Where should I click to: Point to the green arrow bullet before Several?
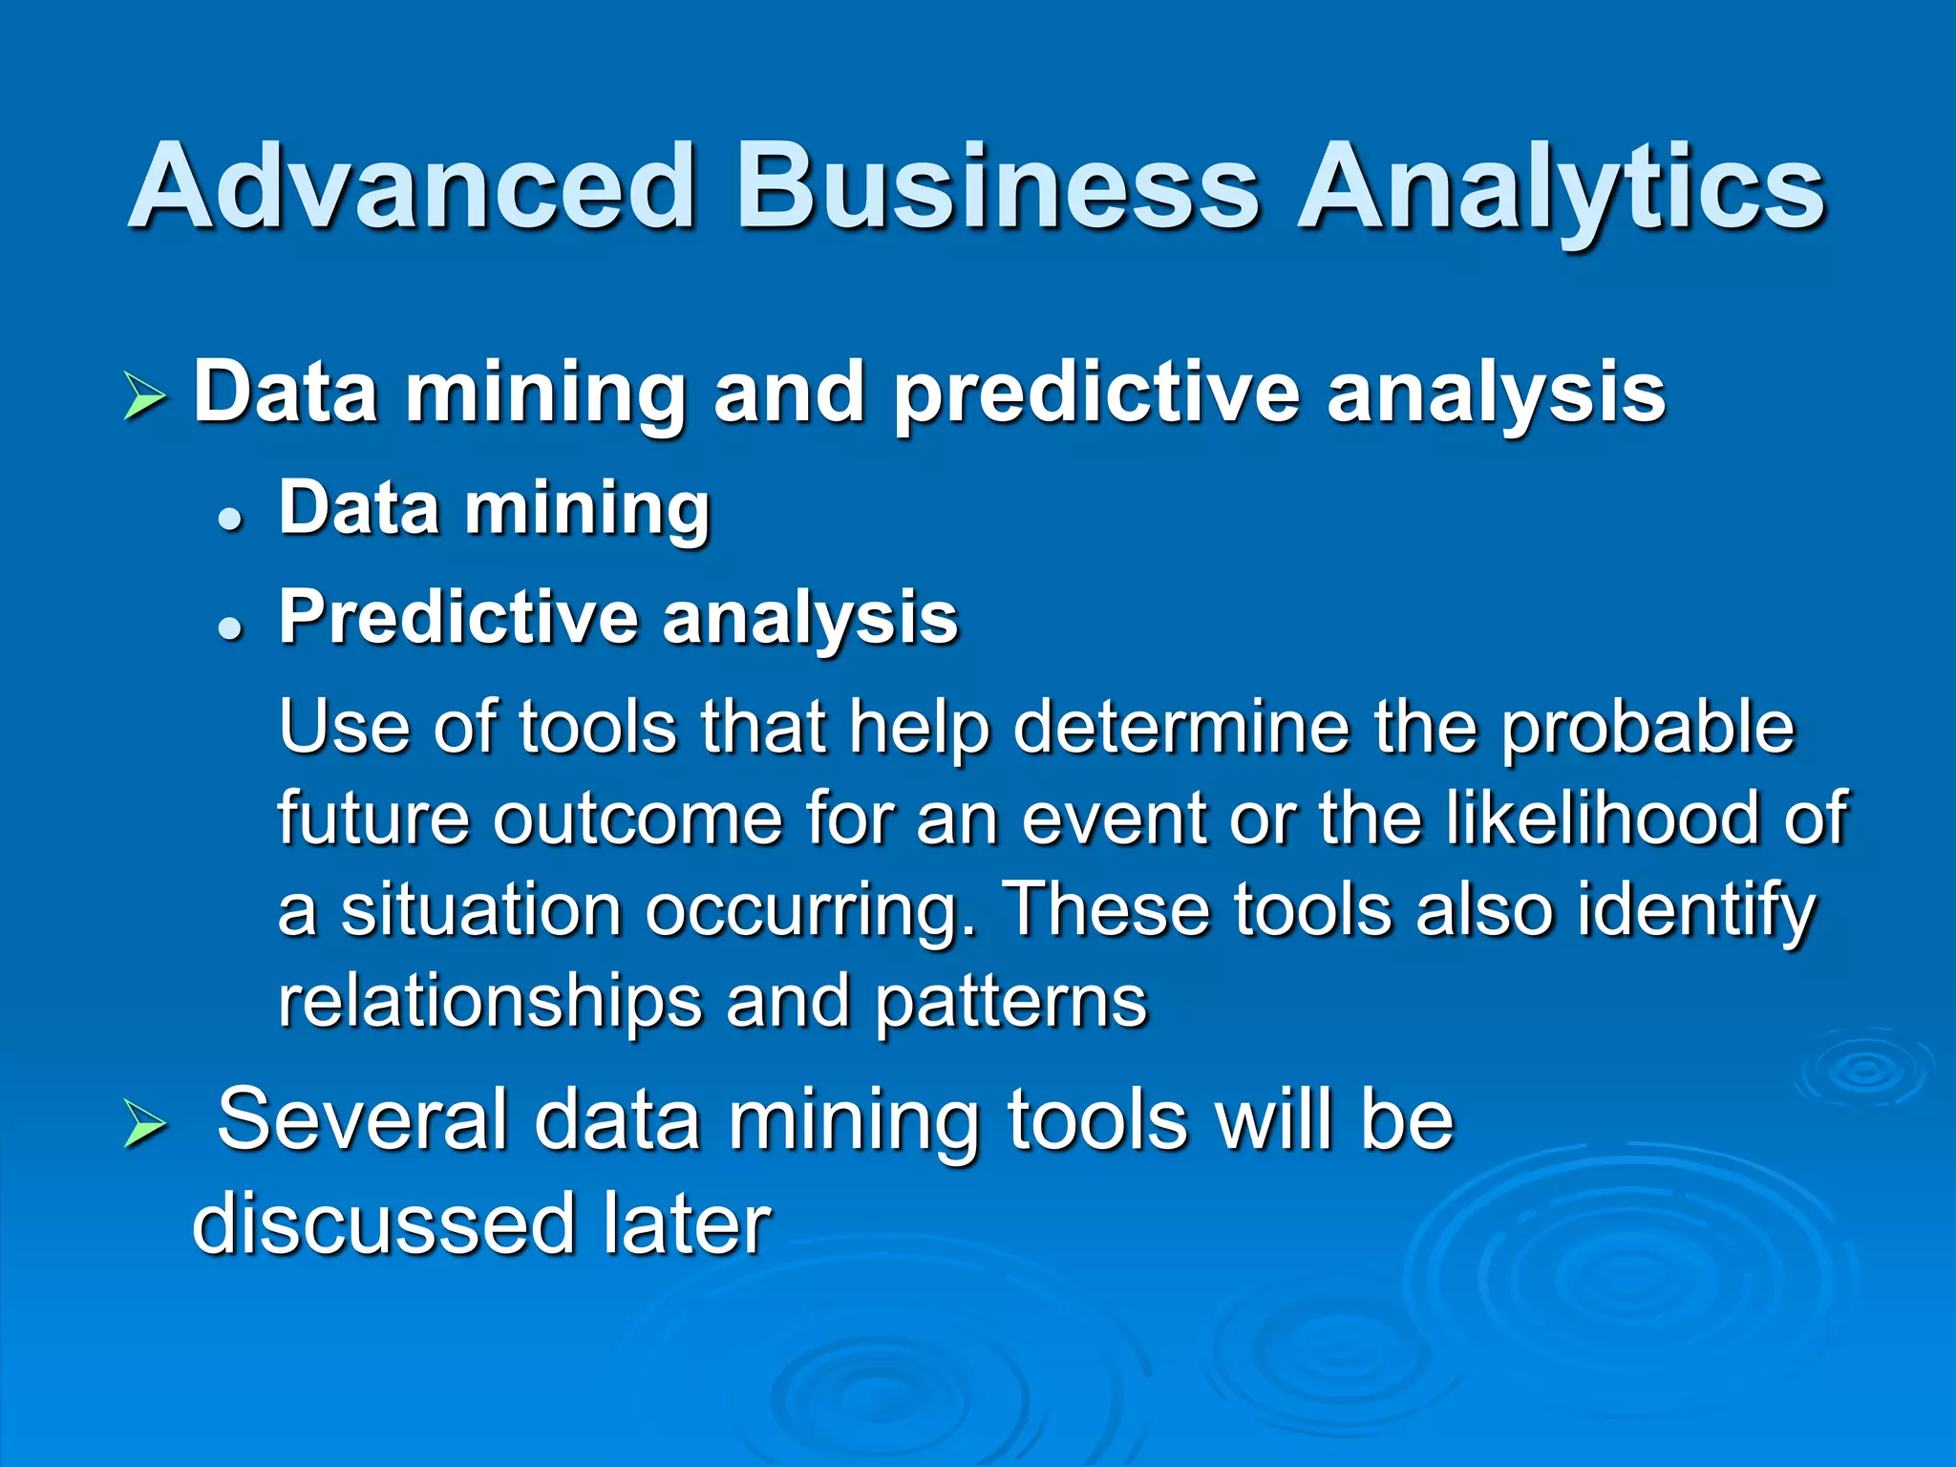(x=145, y=1125)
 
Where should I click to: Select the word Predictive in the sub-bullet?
(x=457, y=618)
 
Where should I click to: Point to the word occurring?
(x=811, y=912)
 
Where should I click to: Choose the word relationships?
(x=489, y=1003)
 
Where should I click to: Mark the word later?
(x=686, y=1224)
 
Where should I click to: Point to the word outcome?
(x=637, y=819)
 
